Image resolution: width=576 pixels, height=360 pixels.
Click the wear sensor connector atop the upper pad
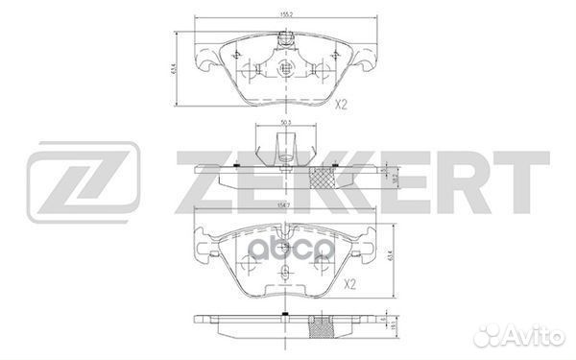(284, 41)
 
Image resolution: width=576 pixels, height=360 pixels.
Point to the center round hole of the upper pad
(284, 69)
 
